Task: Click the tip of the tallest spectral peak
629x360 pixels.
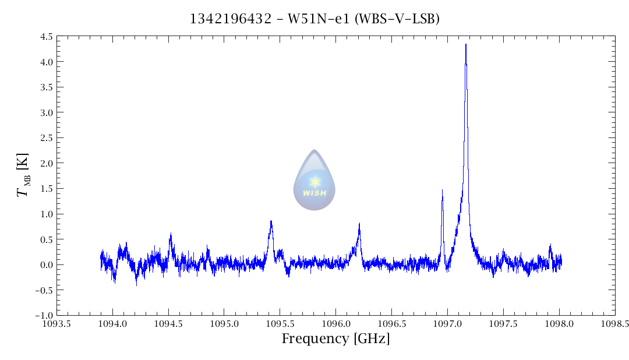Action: click(x=466, y=44)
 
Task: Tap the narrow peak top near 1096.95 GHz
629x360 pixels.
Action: click(x=442, y=190)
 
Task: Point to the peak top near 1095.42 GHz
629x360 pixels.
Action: click(x=271, y=221)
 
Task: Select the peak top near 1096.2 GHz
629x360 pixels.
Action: click(x=359, y=224)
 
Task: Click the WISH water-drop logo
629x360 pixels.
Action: click(x=314, y=180)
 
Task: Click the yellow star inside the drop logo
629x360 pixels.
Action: click(x=314, y=181)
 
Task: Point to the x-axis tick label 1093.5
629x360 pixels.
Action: click(x=56, y=324)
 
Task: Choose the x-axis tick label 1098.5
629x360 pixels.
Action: click(x=615, y=324)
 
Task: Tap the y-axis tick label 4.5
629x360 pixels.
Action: click(x=47, y=37)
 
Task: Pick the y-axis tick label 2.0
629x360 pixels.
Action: click(x=47, y=163)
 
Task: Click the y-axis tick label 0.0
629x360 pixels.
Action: click(x=47, y=264)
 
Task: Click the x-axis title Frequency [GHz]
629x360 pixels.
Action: click(x=335, y=339)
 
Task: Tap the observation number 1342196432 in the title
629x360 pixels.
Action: click(x=230, y=19)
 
